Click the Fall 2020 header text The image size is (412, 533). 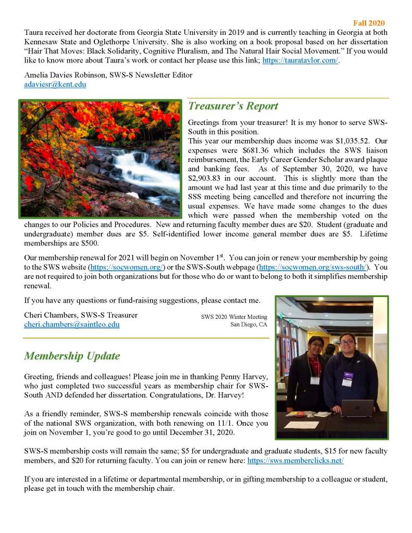click(369, 23)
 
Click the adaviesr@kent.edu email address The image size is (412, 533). click(55, 84)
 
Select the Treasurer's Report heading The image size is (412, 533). click(233, 106)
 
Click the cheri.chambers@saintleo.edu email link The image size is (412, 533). click(72, 324)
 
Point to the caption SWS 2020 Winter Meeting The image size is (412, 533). click(234, 317)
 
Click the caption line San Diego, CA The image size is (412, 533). click(248, 325)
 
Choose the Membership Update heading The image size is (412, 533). click(72, 356)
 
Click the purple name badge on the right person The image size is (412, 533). click(347, 375)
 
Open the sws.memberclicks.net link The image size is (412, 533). click(295, 461)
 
